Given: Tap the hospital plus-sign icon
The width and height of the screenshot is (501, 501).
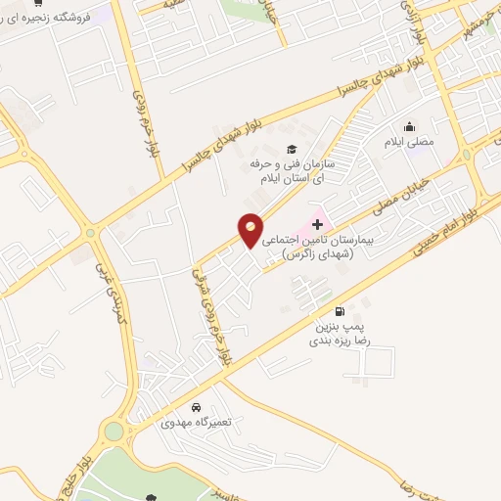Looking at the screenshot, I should click(317, 224).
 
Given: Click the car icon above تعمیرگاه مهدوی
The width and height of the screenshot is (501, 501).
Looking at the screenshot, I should click(197, 407).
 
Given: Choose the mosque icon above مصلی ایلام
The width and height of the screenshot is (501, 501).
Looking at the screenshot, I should click(410, 125).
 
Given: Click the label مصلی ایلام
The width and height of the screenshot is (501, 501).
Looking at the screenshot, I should click(412, 143).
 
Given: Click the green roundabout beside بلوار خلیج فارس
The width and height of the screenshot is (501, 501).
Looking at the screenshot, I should click(115, 430).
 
